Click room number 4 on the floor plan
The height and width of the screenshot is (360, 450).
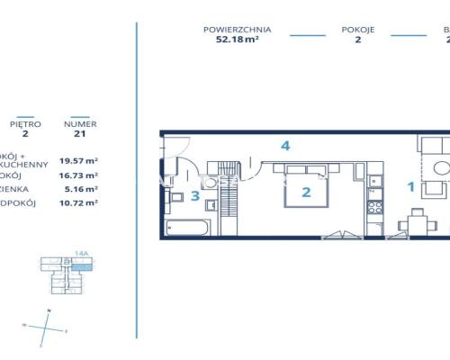284,146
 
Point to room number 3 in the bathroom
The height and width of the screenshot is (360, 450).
194,196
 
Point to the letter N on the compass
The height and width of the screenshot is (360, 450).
50,310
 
